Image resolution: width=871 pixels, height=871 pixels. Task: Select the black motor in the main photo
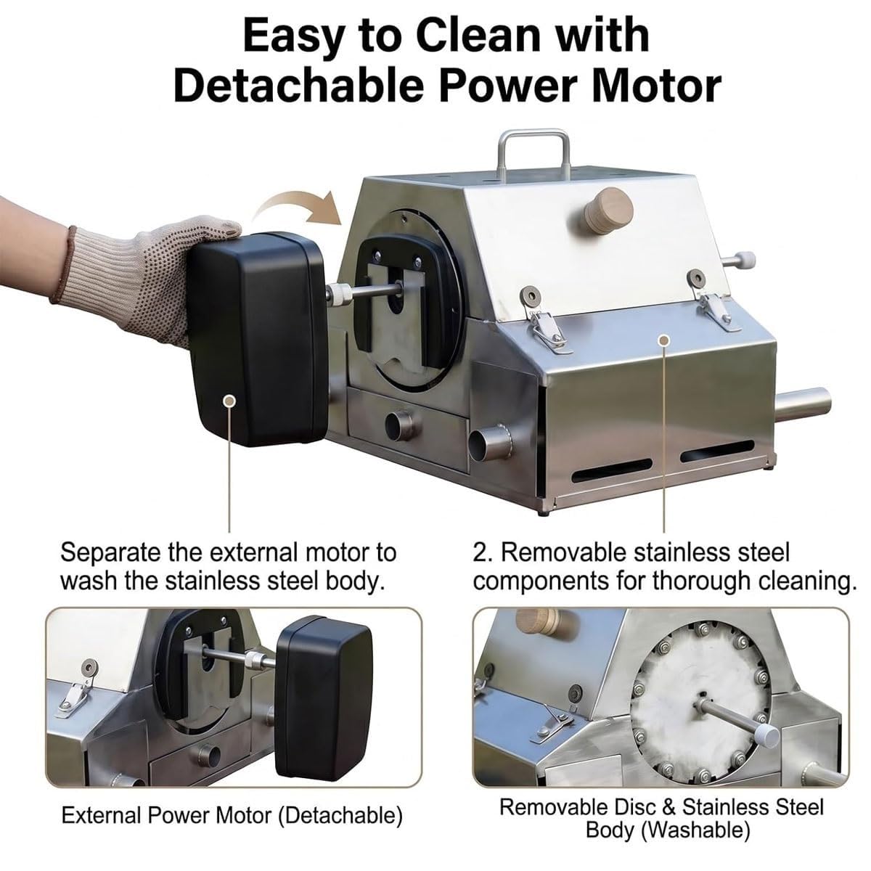click(x=258, y=338)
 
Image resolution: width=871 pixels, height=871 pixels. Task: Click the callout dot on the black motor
click(x=229, y=401)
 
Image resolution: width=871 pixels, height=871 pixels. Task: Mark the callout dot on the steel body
click(x=663, y=340)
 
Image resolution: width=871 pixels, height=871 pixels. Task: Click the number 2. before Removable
click(x=483, y=552)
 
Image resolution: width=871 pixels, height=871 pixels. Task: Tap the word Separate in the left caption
click(x=110, y=553)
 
